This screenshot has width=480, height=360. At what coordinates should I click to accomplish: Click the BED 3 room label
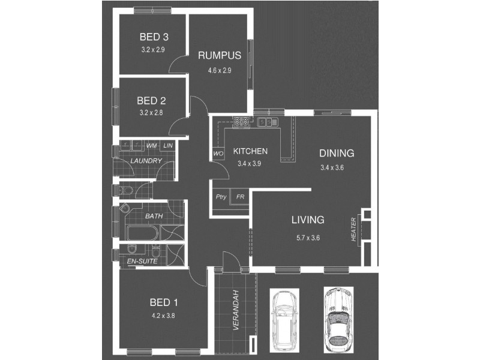point(154,37)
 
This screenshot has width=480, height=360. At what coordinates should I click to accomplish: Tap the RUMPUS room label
point(220,56)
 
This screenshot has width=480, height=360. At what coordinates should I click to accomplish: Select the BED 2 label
point(151,100)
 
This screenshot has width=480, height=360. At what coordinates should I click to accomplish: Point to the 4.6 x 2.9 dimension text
point(220,70)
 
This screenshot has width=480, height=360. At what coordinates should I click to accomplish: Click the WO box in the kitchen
point(217,154)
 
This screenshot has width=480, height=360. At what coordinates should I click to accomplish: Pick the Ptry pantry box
point(221,197)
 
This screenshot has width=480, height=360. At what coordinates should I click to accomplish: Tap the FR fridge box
point(240,197)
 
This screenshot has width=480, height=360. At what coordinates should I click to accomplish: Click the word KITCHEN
point(250,151)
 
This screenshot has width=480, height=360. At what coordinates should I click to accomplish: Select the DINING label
point(337,154)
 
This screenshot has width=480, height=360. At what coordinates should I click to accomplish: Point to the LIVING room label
point(308,220)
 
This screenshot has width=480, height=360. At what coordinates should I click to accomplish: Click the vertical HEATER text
point(354,230)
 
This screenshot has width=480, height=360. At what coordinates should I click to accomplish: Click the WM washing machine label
point(152,146)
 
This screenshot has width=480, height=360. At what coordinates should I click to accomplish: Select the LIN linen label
point(168,146)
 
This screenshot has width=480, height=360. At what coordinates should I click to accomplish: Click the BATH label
point(154,215)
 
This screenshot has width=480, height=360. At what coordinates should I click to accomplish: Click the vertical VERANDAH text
point(236,311)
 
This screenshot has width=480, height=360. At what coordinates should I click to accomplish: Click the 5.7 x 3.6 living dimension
point(308,238)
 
